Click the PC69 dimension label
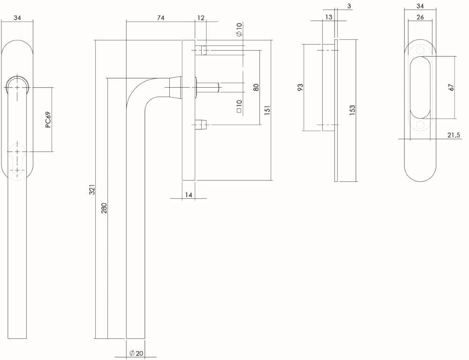[x=48, y=120]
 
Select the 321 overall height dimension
[x=92, y=189]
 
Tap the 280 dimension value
[x=104, y=208]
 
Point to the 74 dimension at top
[x=160, y=18]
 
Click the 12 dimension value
[x=201, y=18]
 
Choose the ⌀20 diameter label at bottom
[x=136, y=353]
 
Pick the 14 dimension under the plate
[x=188, y=195]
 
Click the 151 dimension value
[x=267, y=110]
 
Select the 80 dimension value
[x=256, y=87]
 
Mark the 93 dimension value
[x=301, y=87]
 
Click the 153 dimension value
[x=352, y=110]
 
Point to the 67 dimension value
[x=451, y=87]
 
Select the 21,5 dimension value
[x=453, y=135]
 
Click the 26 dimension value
[x=420, y=18]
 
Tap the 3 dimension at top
[x=350, y=6]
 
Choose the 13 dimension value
[x=328, y=18]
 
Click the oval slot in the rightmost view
[x=420, y=87]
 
